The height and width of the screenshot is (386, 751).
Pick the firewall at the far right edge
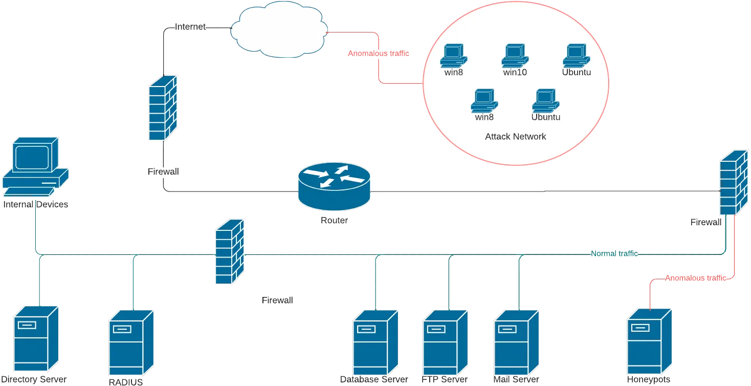click(733, 183)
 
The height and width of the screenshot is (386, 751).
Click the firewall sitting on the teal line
click(229, 252)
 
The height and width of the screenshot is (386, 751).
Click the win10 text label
click(515, 72)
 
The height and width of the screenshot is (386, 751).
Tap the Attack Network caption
click(515, 137)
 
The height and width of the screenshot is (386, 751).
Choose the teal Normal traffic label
click(614, 253)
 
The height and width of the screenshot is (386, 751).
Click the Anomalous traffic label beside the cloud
click(378, 53)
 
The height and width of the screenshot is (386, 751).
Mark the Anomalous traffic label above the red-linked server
click(695, 278)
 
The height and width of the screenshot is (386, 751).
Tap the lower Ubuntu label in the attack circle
click(545, 117)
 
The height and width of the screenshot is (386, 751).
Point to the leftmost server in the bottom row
click(36, 338)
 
